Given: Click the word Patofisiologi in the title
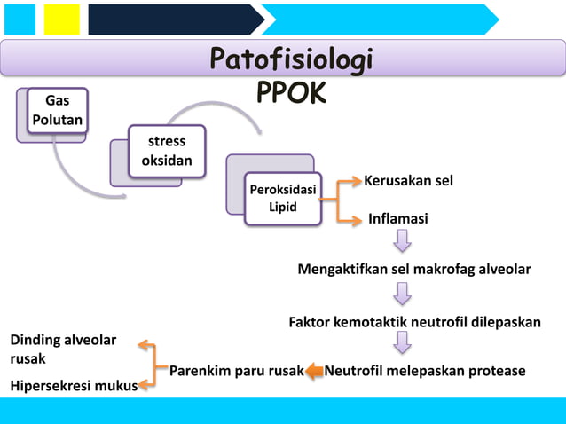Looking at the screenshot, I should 291,60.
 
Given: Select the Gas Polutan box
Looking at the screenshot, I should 58,110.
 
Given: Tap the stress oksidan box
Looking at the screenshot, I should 167,151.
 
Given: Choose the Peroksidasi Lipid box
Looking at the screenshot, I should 283,198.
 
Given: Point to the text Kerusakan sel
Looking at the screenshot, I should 408,181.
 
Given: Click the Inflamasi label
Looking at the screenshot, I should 397,218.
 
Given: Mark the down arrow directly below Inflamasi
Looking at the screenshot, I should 403,241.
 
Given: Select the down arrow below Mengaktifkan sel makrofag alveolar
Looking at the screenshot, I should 403,293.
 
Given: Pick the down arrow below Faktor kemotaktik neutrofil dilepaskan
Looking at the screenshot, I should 403,342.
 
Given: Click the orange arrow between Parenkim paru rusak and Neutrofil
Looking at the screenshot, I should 315,373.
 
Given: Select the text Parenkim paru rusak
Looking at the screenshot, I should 237,371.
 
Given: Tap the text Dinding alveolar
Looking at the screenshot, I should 62,341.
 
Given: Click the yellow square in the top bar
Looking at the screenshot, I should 61,20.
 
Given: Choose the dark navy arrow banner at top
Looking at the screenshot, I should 174,20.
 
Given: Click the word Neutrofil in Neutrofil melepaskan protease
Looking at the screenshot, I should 358,371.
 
